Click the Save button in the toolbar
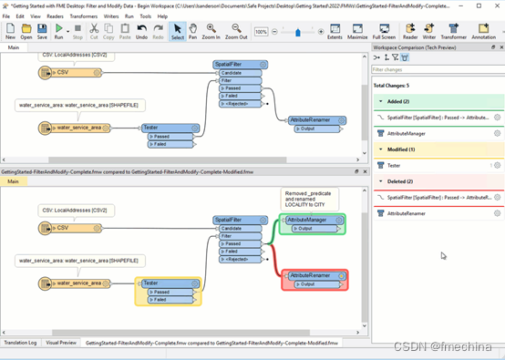[43, 33]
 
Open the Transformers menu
[83, 16]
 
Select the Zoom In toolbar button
[211, 33]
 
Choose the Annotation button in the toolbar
[483, 33]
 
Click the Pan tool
[193, 33]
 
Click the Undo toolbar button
[141, 33]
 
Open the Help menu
[162, 16]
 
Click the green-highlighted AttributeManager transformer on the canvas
[313, 220]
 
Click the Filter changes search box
[436, 69]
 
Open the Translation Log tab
[20, 343]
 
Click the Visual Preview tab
[61, 343]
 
